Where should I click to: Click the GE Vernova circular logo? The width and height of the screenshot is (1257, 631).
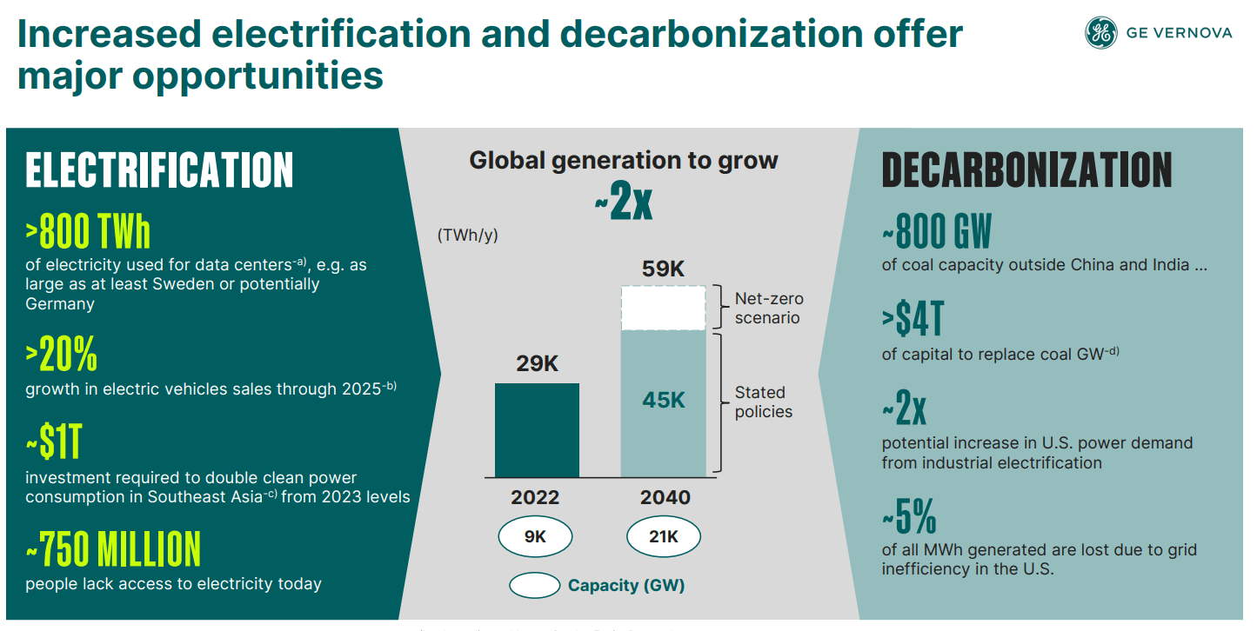click(x=1100, y=33)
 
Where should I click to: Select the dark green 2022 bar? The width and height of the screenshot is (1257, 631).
click(x=537, y=430)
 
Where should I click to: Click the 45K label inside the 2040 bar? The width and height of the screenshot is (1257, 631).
click(x=663, y=400)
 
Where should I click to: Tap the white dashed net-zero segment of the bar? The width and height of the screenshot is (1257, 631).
click(x=663, y=308)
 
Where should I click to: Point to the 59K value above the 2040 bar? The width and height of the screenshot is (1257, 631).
click(x=663, y=269)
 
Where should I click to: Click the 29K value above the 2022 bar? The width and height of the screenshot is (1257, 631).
click(x=537, y=364)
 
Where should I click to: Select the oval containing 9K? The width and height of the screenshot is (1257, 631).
click(x=535, y=537)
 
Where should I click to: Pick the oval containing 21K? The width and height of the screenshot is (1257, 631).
click(x=663, y=537)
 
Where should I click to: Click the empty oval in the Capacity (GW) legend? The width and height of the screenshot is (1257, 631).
click(x=534, y=586)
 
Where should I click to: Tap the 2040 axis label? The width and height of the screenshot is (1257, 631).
click(x=665, y=498)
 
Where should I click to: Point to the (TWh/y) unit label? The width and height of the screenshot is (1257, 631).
click(x=468, y=236)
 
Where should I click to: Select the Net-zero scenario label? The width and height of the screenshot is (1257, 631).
click(x=766, y=308)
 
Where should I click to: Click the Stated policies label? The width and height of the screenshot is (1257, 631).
click(x=763, y=402)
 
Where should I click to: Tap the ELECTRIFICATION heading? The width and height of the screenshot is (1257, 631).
click(x=159, y=169)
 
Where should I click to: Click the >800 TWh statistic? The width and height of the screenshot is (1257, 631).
click(x=88, y=232)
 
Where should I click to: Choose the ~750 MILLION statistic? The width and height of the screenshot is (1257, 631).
click(x=113, y=549)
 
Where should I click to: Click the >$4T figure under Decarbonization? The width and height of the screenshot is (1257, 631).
click(x=913, y=321)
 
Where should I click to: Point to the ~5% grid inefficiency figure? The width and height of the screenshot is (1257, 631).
click(x=909, y=518)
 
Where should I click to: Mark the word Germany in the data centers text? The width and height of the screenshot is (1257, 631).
click(x=60, y=304)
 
